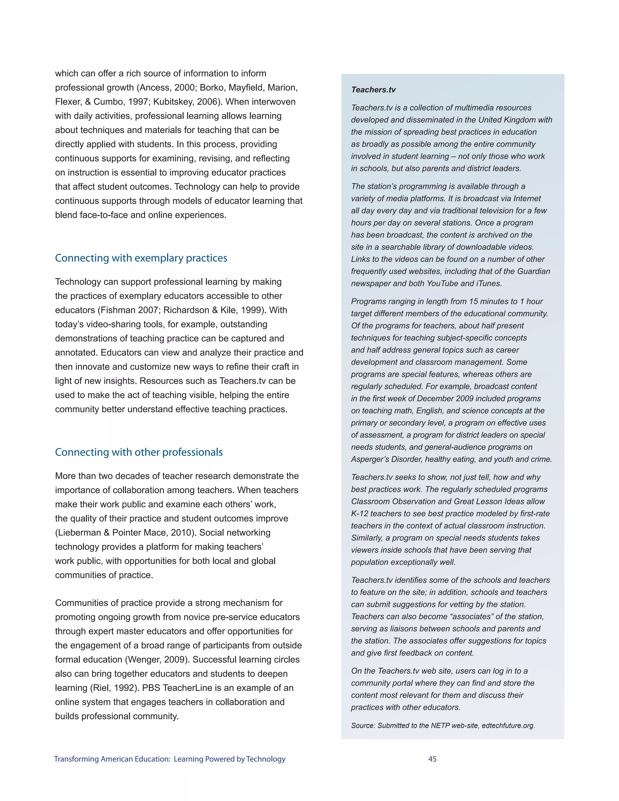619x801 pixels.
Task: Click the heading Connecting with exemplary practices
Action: pyautogui.click(x=141, y=258)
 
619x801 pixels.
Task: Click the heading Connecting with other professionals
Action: pyautogui.click(x=139, y=452)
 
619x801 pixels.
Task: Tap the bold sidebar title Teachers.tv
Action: pyautogui.click(x=373, y=90)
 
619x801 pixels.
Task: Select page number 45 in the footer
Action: pyautogui.click(x=432, y=759)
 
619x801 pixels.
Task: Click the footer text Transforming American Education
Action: pyautogui.click(x=112, y=759)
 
